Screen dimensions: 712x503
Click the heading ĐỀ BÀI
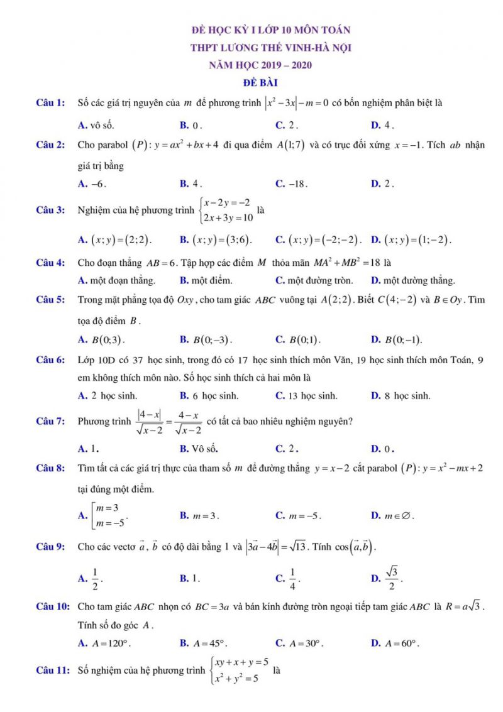tap(261, 82)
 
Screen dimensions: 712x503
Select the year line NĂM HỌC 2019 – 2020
tap(265, 65)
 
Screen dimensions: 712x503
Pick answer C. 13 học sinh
tap(307, 396)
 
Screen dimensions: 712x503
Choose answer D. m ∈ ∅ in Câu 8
tap(393, 516)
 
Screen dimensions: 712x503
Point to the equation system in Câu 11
tap(242, 670)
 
